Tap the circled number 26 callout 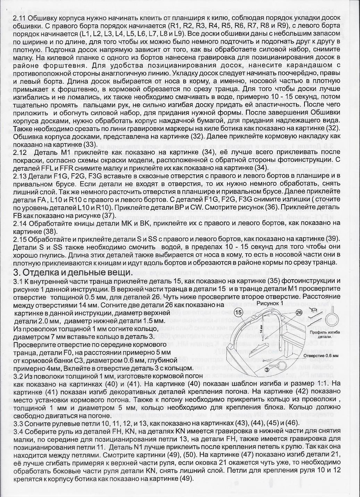[x=299, y=312]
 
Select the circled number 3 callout [x=267, y=370]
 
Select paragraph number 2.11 [x=19, y=17]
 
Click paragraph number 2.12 [x=19, y=153]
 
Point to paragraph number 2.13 [x=19, y=176]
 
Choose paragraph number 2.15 [x=19, y=239]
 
